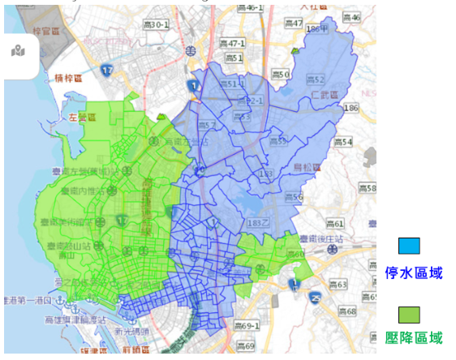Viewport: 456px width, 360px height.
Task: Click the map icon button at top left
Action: click(18, 52)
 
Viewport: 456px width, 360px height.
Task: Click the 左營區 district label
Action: click(83, 117)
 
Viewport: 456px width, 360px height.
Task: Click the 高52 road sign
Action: click(315, 79)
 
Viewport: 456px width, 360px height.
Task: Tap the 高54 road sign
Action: click(344, 143)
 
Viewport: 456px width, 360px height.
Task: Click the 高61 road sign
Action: click(333, 223)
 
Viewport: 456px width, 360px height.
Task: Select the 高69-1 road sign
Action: click(247, 325)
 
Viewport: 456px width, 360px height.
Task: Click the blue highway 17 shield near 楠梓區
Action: click(108, 71)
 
